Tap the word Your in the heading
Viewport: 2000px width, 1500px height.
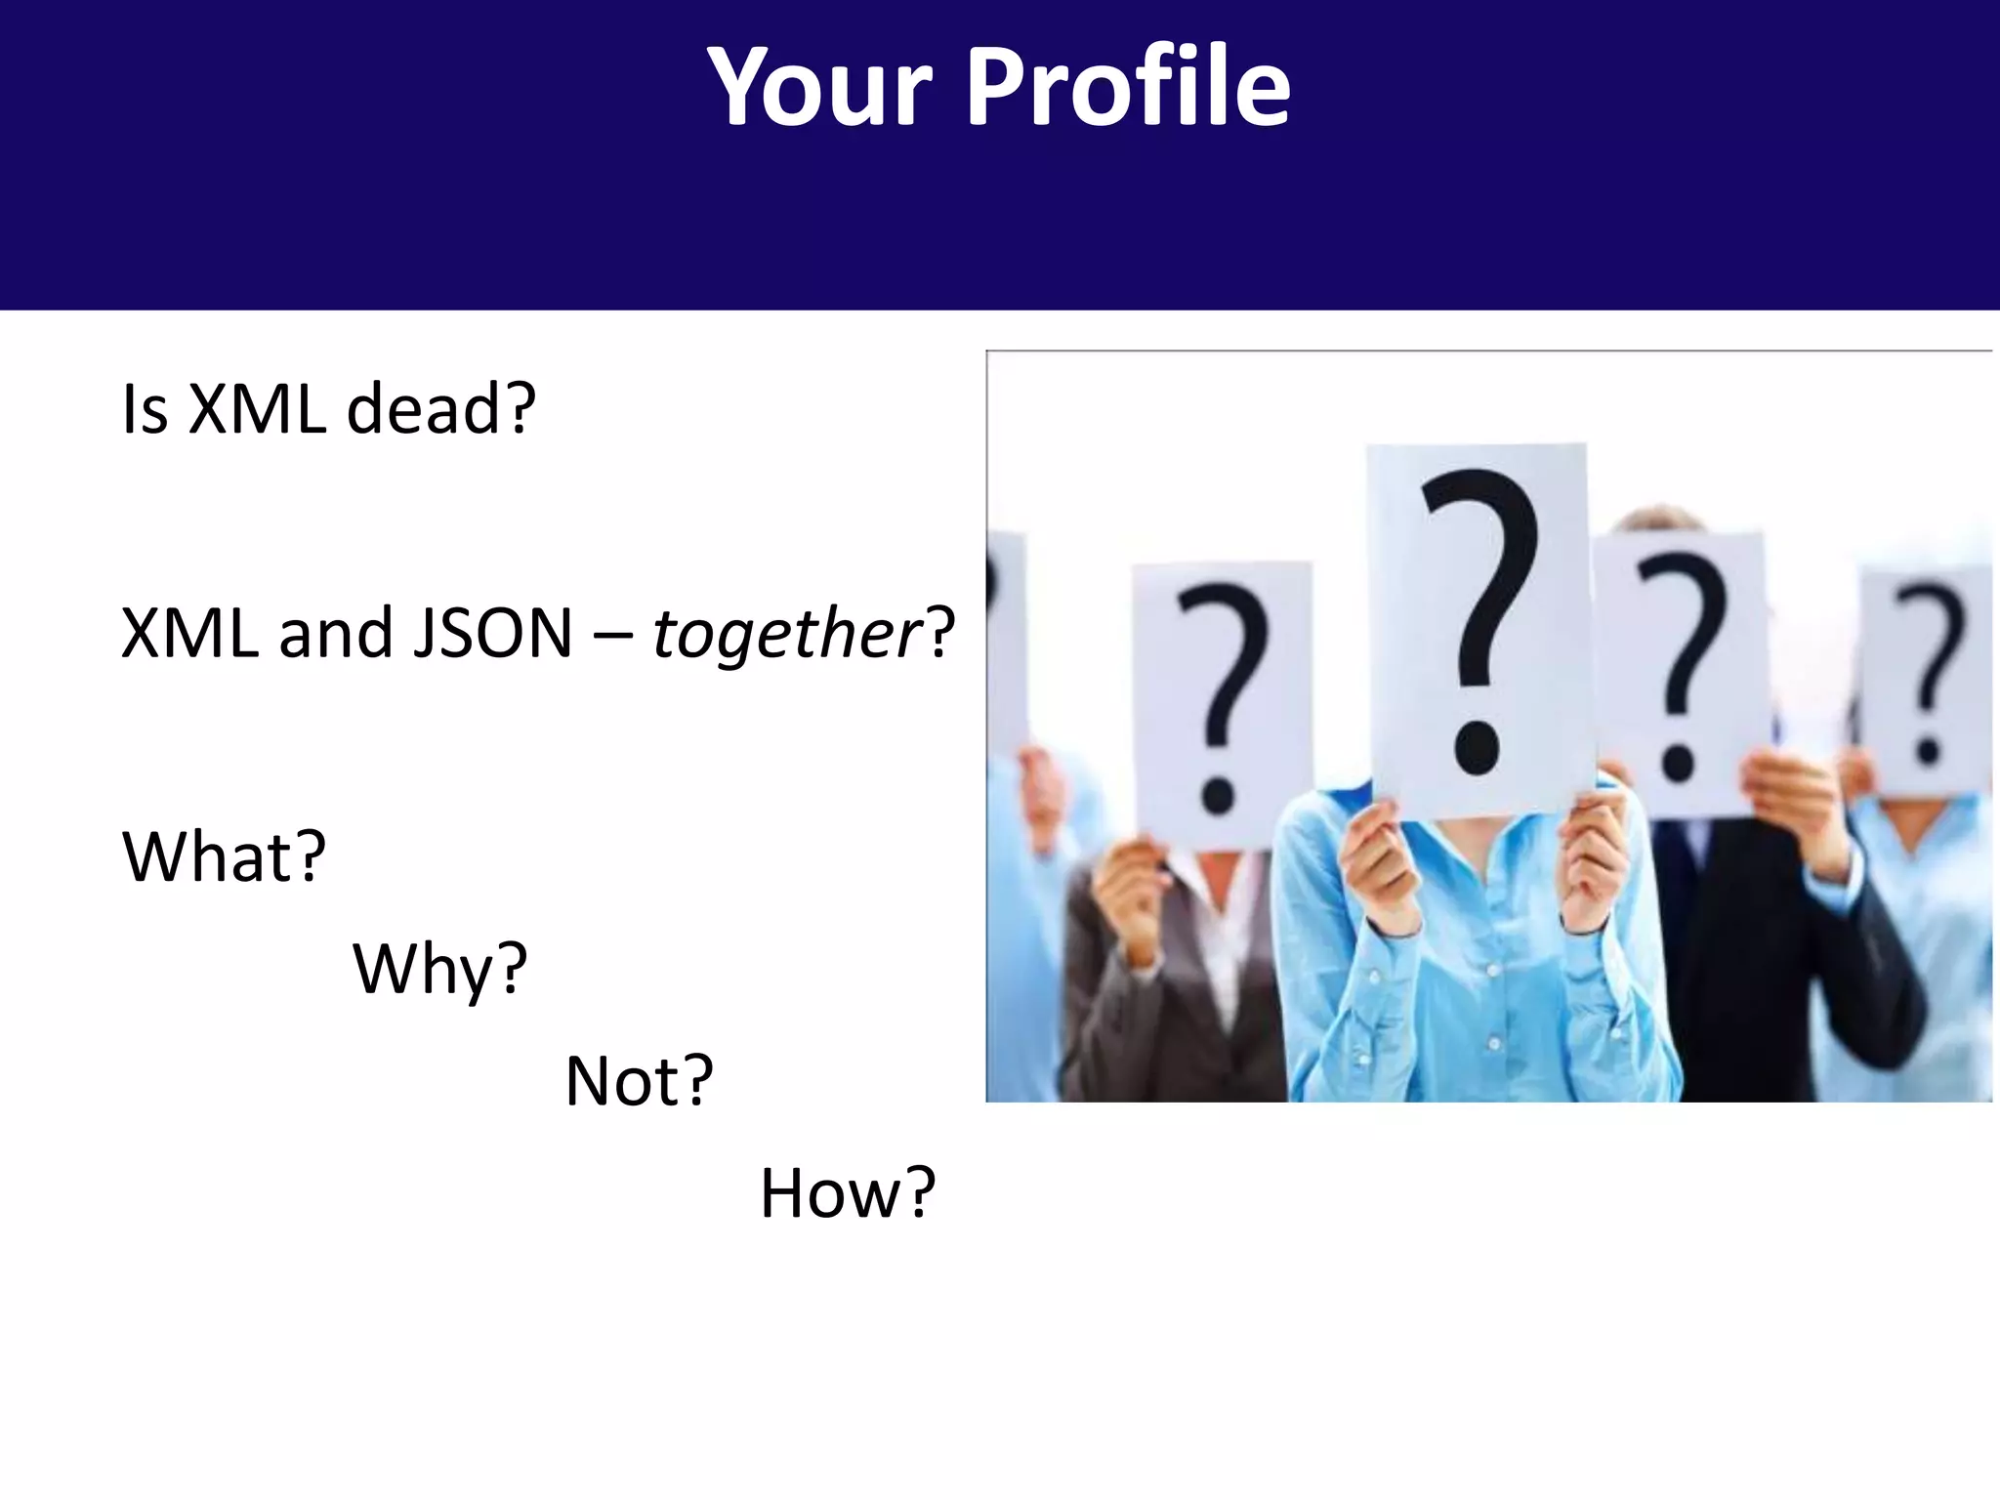pos(820,88)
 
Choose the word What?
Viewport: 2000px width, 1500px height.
pos(224,856)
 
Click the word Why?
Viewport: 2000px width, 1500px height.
pos(439,970)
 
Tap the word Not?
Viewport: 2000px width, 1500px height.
pos(639,1081)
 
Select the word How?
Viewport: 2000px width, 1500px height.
pos(848,1193)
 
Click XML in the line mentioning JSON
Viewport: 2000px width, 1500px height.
pos(189,633)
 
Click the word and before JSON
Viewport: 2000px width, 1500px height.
pos(336,633)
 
